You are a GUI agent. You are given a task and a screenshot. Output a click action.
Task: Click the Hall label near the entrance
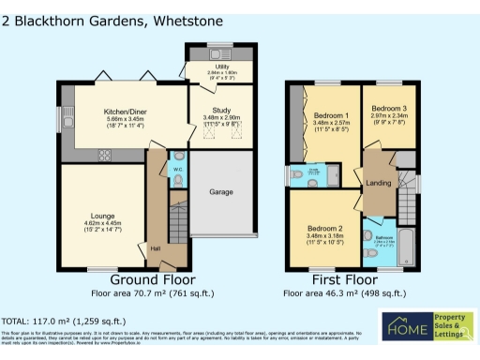pos(155,248)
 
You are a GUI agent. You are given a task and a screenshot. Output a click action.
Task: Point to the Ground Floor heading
pos(153,279)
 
